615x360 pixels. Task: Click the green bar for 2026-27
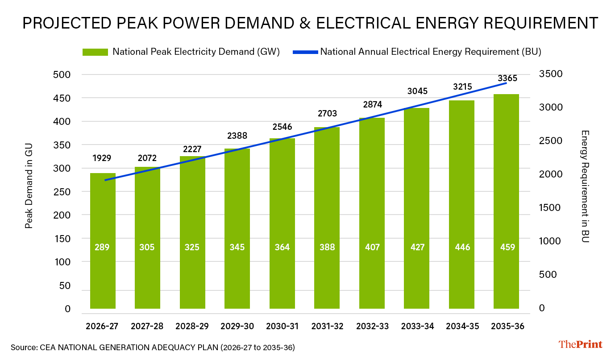coord(103,241)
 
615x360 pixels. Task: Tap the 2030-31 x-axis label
coord(282,327)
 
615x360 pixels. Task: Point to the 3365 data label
coord(507,79)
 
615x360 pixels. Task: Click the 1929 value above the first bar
coord(102,158)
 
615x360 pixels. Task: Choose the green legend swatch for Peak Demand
coord(95,52)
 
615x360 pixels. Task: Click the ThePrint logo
coord(580,344)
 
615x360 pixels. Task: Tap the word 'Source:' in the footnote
coord(23,347)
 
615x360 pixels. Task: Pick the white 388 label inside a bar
coord(327,247)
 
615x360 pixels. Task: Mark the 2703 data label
coord(327,113)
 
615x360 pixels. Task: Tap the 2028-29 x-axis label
coord(192,327)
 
